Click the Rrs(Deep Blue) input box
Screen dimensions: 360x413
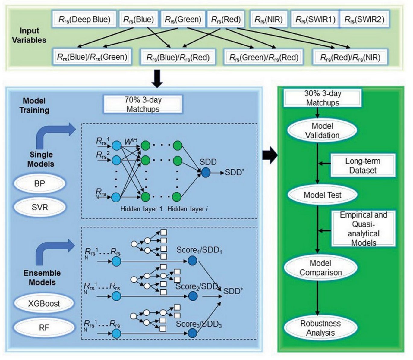coord(84,20)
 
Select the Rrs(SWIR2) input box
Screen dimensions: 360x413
coord(364,20)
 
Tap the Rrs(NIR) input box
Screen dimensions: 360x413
coord(268,20)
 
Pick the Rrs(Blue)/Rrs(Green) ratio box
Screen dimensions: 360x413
coord(92,57)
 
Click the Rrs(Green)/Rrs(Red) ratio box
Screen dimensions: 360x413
coord(264,57)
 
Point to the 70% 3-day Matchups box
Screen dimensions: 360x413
coord(143,104)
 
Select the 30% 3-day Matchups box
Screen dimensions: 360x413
coord(322,98)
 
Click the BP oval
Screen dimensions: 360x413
coord(39,183)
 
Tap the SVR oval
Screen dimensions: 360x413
coord(39,207)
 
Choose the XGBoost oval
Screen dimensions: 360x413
coord(44,303)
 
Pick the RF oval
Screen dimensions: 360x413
coord(44,327)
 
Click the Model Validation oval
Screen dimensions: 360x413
coord(322,130)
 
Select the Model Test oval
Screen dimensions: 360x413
coord(322,195)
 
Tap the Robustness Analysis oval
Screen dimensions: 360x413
coord(320,328)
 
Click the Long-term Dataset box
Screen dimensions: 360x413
coord(363,165)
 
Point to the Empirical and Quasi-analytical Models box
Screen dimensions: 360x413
coord(363,229)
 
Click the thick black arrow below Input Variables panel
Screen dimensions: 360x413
coord(157,79)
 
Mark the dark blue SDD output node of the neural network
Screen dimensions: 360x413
coord(206,173)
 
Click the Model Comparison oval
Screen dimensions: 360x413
coord(320,268)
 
